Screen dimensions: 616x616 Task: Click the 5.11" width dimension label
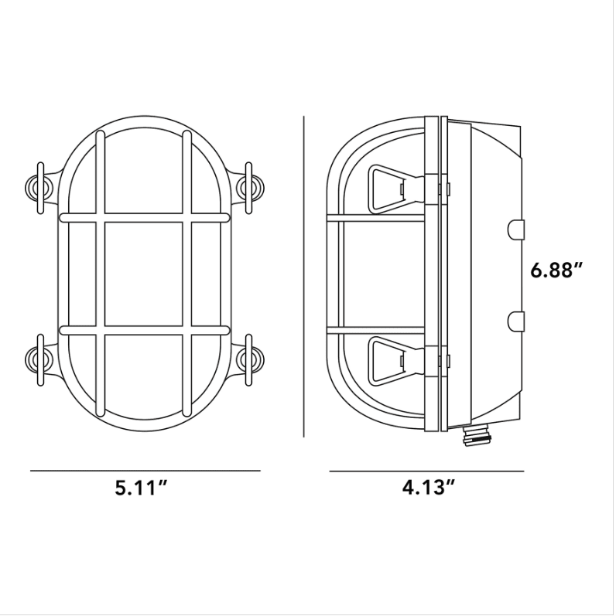(142, 488)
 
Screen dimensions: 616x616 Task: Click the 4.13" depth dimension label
(428, 488)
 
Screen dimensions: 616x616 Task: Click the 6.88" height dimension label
(556, 271)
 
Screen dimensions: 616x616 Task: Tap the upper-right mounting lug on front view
(248, 185)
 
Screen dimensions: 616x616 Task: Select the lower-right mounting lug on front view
(248, 357)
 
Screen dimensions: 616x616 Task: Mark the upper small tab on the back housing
(516, 229)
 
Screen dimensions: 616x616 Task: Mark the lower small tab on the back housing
(516, 319)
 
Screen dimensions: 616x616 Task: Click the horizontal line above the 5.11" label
(145, 470)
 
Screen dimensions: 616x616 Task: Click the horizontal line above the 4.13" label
(426, 471)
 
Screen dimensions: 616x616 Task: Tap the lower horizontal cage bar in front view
(145, 330)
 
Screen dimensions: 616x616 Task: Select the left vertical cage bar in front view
(100, 274)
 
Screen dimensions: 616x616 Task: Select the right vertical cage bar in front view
(187, 274)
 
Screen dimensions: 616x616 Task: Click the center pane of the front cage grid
(143, 274)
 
